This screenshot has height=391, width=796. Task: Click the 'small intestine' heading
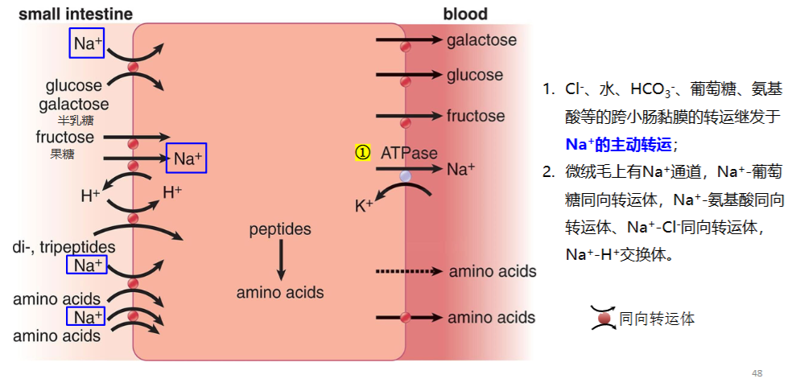click(76, 14)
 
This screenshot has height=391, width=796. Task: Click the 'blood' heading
click(465, 14)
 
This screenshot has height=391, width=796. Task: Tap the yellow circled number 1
click(362, 153)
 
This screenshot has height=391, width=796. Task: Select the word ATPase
click(409, 153)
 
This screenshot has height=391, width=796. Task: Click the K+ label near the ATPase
click(364, 205)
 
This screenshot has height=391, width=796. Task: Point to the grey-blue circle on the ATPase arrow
click(405, 176)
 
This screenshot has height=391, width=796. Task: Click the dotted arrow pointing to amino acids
click(409, 271)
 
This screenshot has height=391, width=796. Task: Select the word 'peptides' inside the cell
click(280, 230)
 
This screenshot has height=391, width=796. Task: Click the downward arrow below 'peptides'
click(281, 259)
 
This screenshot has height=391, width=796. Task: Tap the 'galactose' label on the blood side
click(482, 40)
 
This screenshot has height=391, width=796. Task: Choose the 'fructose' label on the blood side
click(476, 116)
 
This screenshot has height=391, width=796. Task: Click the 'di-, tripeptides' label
click(64, 248)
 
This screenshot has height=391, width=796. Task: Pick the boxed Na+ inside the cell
click(186, 158)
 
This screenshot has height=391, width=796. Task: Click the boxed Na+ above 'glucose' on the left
click(87, 43)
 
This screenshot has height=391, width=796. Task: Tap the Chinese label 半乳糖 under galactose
click(76, 121)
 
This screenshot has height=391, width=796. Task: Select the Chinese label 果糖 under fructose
click(62, 154)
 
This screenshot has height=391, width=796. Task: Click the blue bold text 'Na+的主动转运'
click(618, 145)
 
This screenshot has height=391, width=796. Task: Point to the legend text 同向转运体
click(657, 319)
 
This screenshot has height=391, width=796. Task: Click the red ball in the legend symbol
click(604, 319)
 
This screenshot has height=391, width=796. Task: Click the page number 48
click(757, 374)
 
